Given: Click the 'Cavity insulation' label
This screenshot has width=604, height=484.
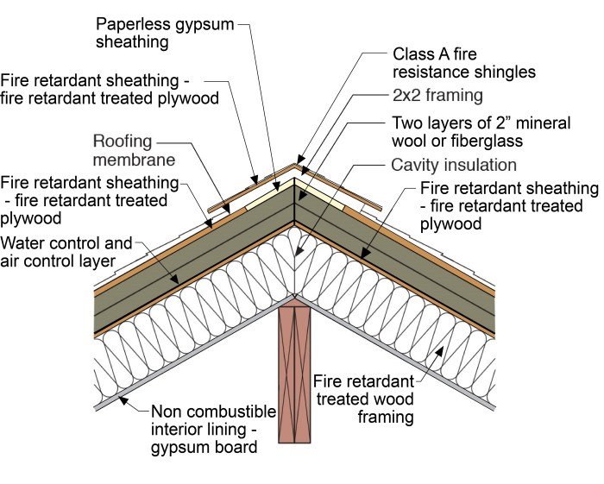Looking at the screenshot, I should pyautogui.click(x=454, y=165).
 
